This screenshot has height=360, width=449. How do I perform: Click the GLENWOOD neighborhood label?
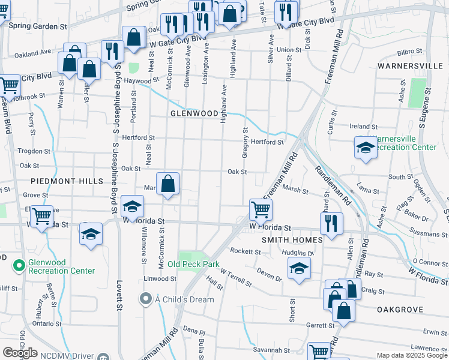tap(194, 113)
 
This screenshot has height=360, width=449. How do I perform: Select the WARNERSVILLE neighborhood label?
tap(409, 65)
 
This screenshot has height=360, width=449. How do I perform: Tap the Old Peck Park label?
tap(193, 264)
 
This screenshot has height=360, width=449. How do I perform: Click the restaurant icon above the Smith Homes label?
tap(331, 223)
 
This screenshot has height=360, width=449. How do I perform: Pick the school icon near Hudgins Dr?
tap(298, 268)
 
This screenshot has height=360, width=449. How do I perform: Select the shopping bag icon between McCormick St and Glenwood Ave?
tap(169, 183)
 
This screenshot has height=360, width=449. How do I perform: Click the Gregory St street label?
tap(245, 143)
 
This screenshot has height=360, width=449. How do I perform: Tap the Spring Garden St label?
tap(38, 27)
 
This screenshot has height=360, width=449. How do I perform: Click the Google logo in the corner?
tap(20, 353)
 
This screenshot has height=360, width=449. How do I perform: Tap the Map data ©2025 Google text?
tap(411, 355)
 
